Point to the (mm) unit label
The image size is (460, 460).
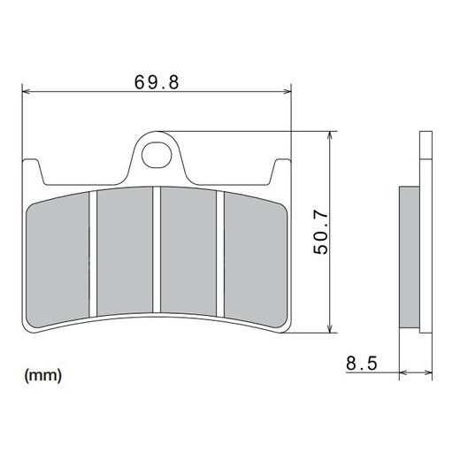(x=43, y=376)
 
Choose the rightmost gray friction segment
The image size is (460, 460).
(x=254, y=257)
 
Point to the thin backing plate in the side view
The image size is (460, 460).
(x=424, y=239)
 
